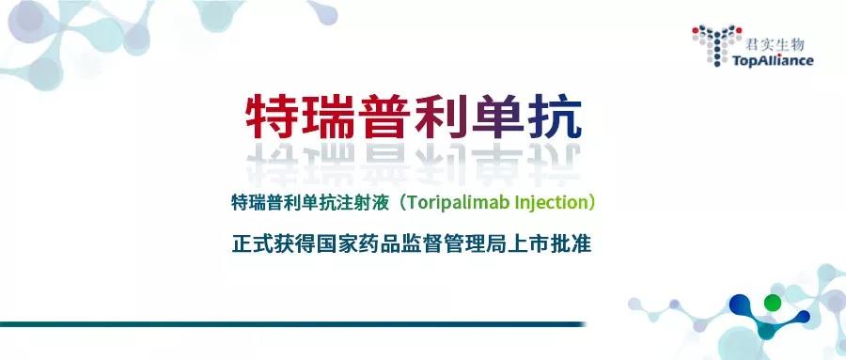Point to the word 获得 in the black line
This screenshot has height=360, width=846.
[290, 242]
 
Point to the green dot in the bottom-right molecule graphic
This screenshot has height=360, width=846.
[773, 303]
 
